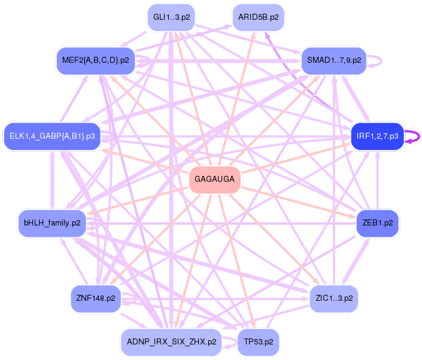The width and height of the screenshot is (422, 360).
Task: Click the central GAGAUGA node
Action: [214, 179]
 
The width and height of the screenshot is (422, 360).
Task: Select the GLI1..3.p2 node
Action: [172, 17]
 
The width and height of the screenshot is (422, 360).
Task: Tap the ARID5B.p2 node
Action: [258, 17]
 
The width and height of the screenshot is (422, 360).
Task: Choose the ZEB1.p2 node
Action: [377, 222]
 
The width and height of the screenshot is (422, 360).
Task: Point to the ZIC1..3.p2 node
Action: [333, 297]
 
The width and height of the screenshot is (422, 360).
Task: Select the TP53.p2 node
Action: [258, 342]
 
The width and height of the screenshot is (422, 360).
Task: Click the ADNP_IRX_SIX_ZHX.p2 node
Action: [171, 342]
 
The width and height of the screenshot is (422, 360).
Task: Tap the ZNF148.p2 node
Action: [96, 297]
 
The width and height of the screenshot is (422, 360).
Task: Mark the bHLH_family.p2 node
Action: [52, 223]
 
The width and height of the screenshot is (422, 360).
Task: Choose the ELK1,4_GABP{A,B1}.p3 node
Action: [52, 137]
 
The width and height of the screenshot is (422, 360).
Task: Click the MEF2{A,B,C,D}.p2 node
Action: [96, 60]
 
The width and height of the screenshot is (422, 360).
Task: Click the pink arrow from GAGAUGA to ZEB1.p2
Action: [299, 202]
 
